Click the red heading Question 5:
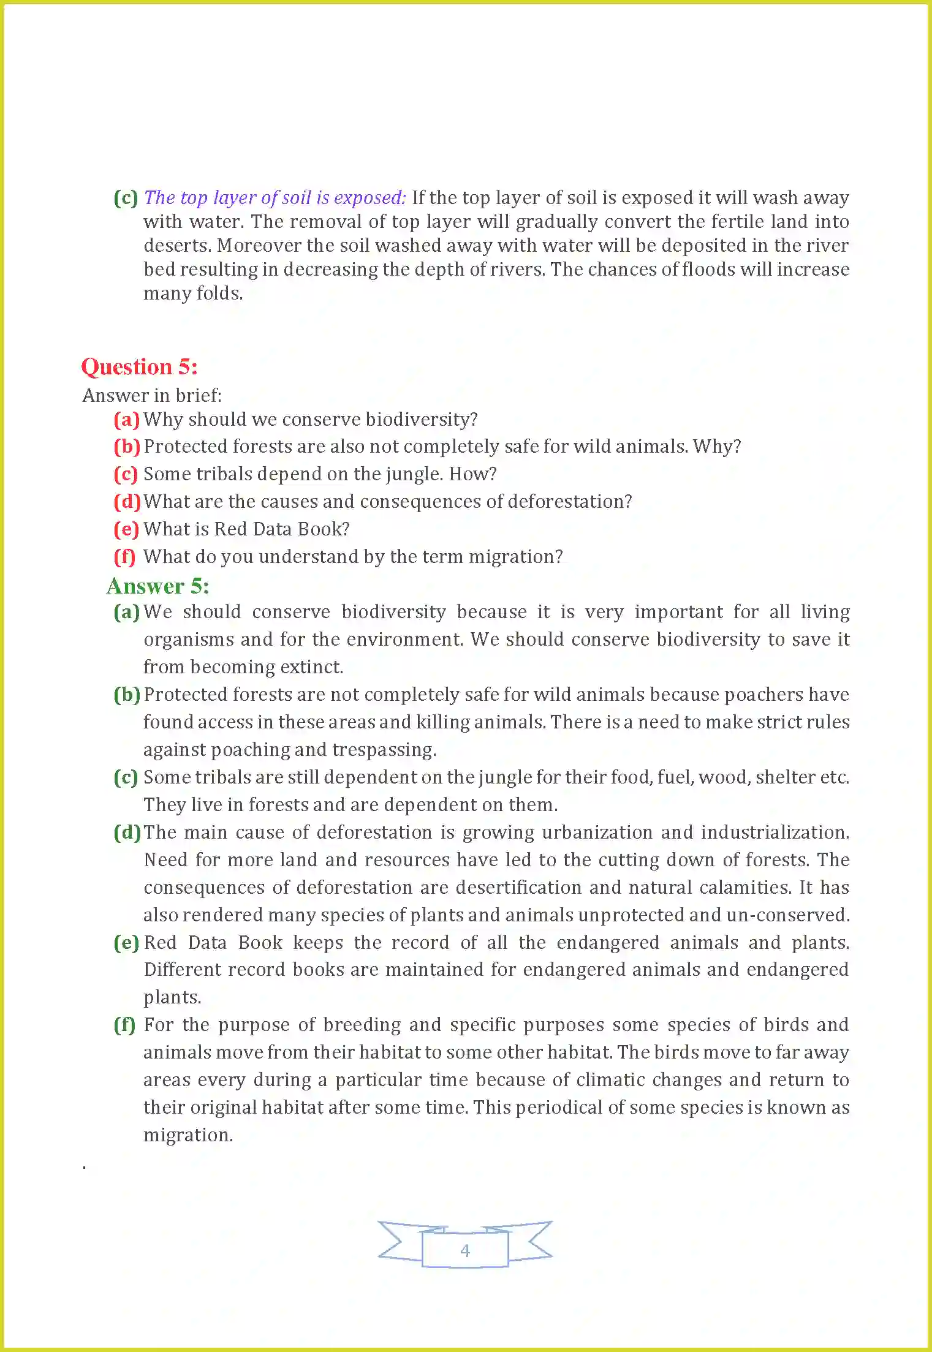click(140, 367)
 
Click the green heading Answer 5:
click(158, 586)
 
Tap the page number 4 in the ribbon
click(465, 1250)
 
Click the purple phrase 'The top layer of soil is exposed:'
click(275, 198)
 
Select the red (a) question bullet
click(126, 420)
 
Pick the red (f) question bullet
click(124, 557)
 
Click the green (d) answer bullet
click(127, 833)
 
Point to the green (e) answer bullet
click(126, 943)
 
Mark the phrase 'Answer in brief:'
click(152, 396)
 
